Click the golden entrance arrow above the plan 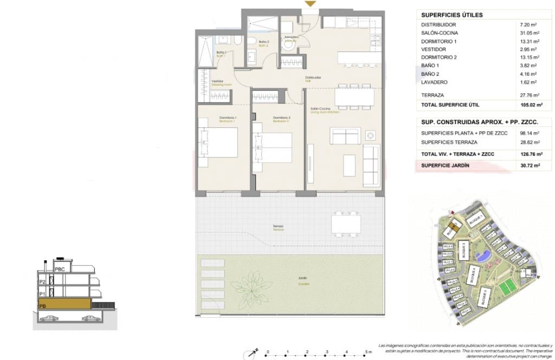click(x=309, y=4)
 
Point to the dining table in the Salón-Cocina click(x=354, y=97)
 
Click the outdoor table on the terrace click(x=346, y=223)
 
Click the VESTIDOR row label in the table click(x=434, y=49)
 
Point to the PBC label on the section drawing click(x=60, y=268)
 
